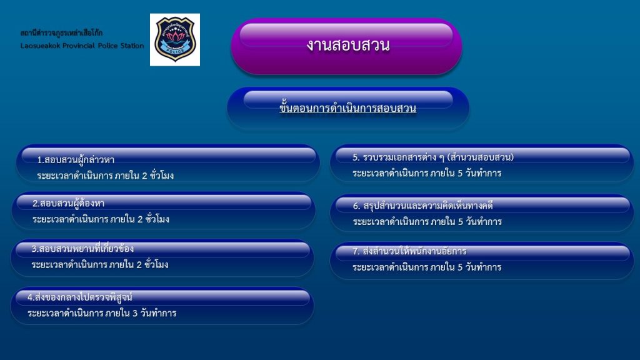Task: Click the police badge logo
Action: click(175, 39)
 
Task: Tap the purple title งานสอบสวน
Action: click(348, 45)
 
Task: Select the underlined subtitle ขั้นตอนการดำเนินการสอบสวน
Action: click(347, 107)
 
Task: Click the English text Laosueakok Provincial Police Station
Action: click(82, 46)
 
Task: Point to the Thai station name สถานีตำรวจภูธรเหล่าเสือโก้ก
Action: click(62, 32)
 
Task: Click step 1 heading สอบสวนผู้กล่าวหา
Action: click(76, 159)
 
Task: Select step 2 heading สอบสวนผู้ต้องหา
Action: click(68, 203)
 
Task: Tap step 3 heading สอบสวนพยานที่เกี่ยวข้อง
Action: click(82, 248)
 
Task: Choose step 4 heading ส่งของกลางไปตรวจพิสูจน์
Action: click(79, 297)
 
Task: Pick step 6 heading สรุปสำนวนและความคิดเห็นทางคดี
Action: click(423, 206)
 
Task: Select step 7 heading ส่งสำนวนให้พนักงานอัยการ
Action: click(409, 251)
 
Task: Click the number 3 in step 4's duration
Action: click(135, 314)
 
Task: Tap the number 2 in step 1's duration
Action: click(144, 176)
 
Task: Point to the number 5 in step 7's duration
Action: click(460, 267)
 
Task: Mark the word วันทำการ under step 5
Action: click(484, 173)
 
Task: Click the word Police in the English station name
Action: click(107, 46)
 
